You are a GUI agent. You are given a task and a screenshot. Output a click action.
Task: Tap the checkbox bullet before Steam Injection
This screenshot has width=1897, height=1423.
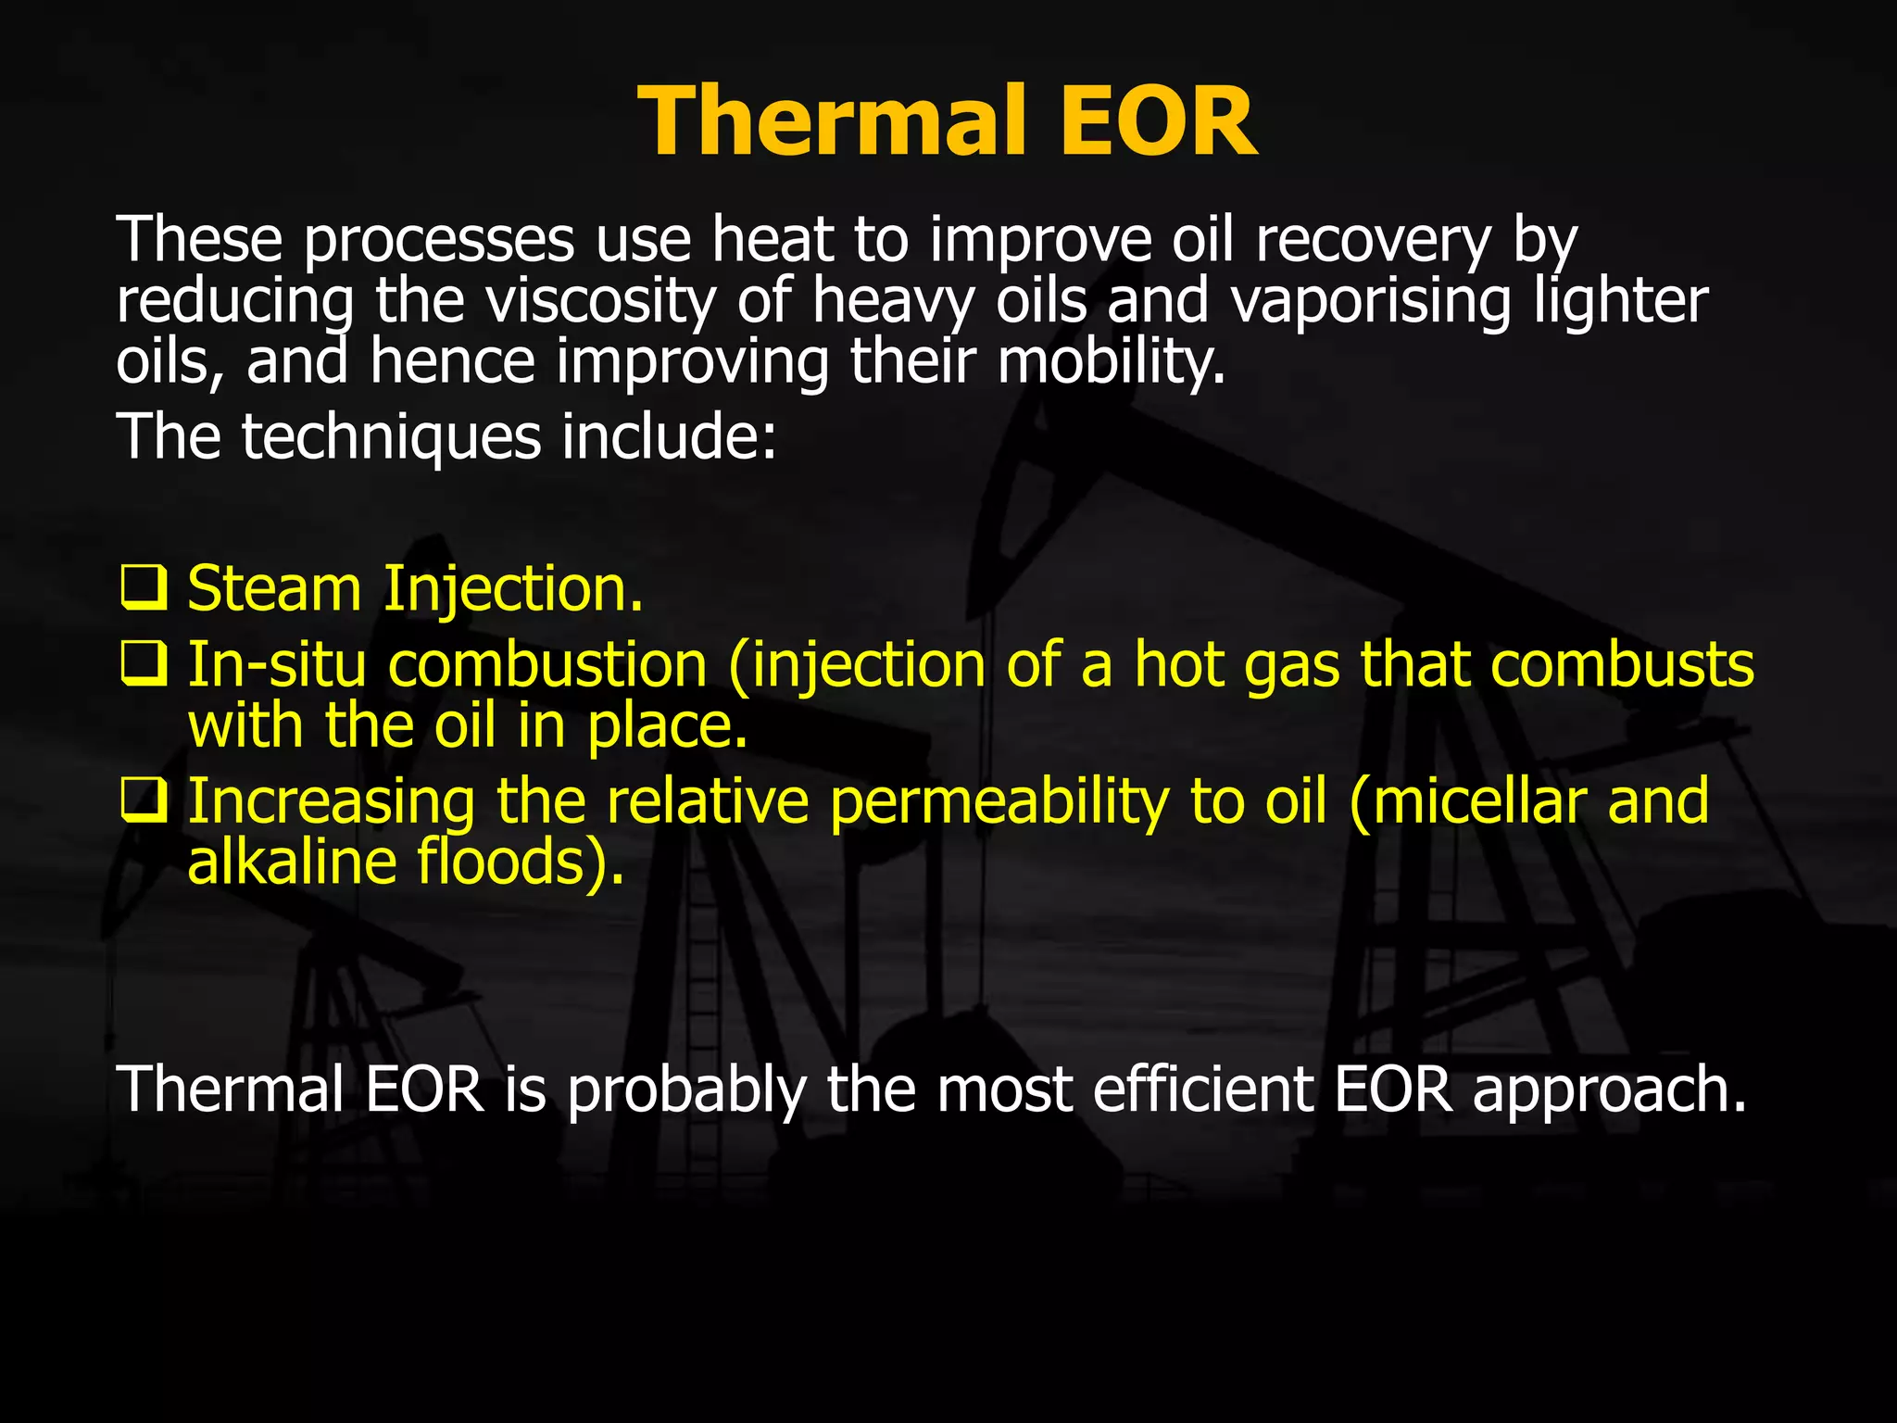click(144, 589)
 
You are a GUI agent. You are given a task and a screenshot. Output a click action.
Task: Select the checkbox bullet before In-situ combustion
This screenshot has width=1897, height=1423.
click(144, 665)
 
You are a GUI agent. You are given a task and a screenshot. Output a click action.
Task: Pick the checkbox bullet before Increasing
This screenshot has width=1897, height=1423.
click(144, 801)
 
